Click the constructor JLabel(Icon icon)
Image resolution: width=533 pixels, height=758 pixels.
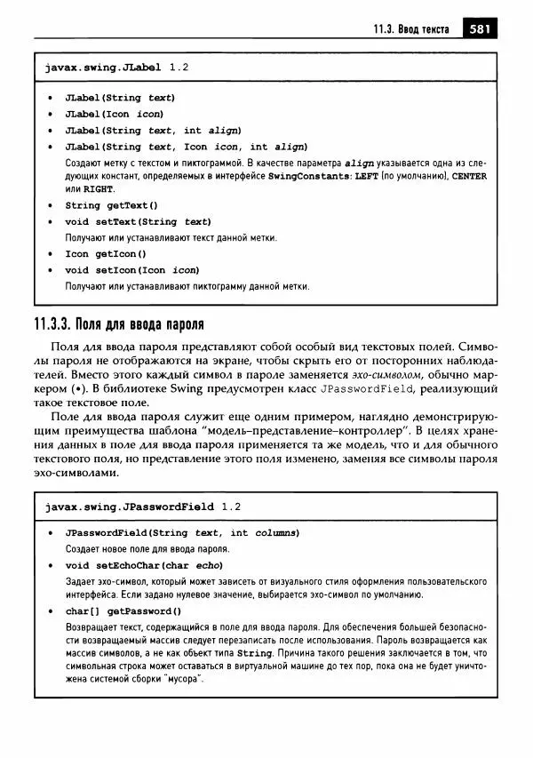(x=114, y=114)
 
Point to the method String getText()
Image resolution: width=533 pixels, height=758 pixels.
(x=111, y=205)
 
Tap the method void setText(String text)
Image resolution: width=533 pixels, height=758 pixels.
(x=138, y=221)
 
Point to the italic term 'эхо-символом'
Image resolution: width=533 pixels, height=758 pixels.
(x=366, y=376)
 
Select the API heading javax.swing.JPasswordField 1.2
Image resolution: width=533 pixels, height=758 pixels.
(x=142, y=507)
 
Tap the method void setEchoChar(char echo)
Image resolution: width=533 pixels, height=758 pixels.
(x=143, y=565)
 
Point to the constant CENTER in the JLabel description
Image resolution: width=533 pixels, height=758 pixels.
(x=469, y=177)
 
